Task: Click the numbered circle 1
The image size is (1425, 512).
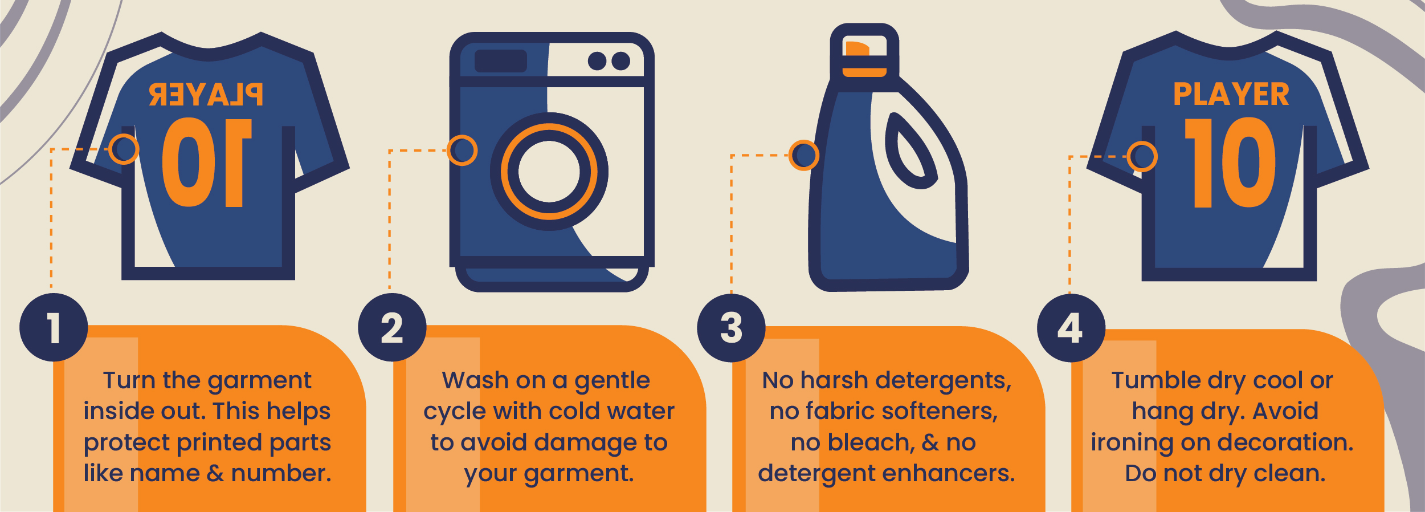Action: point(54,327)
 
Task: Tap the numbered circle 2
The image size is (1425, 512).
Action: point(392,327)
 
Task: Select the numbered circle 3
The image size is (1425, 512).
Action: point(731,328)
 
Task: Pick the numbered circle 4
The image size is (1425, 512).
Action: point(1071,328)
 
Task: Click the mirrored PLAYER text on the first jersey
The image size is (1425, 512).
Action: point(206,95)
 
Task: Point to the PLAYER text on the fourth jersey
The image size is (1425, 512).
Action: point(1231,95)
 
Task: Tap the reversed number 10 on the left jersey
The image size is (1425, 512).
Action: point(206,163)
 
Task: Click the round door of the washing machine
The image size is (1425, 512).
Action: point(549,172)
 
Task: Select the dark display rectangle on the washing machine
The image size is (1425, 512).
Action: point(500,61)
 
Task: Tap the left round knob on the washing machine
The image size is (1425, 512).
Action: point(597,61)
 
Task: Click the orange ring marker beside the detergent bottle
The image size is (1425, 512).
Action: point(803,155)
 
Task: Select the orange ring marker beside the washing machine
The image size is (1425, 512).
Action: point(462,151)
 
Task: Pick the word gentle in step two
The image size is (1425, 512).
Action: point(612,381)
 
